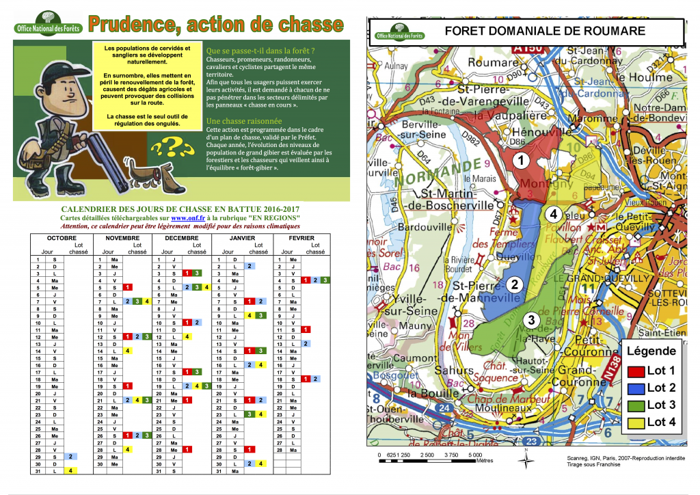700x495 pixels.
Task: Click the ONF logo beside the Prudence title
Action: (x=47, y=25)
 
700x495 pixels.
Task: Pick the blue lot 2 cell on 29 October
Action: (x=71, y=455)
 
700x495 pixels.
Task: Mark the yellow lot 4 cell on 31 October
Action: (x=71, y=470)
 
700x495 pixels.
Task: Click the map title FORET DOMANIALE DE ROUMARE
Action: (x=545, y=31)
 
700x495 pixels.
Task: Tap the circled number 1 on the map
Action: (x=521, y=161)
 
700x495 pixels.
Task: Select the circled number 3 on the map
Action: (x=531, y=319)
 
